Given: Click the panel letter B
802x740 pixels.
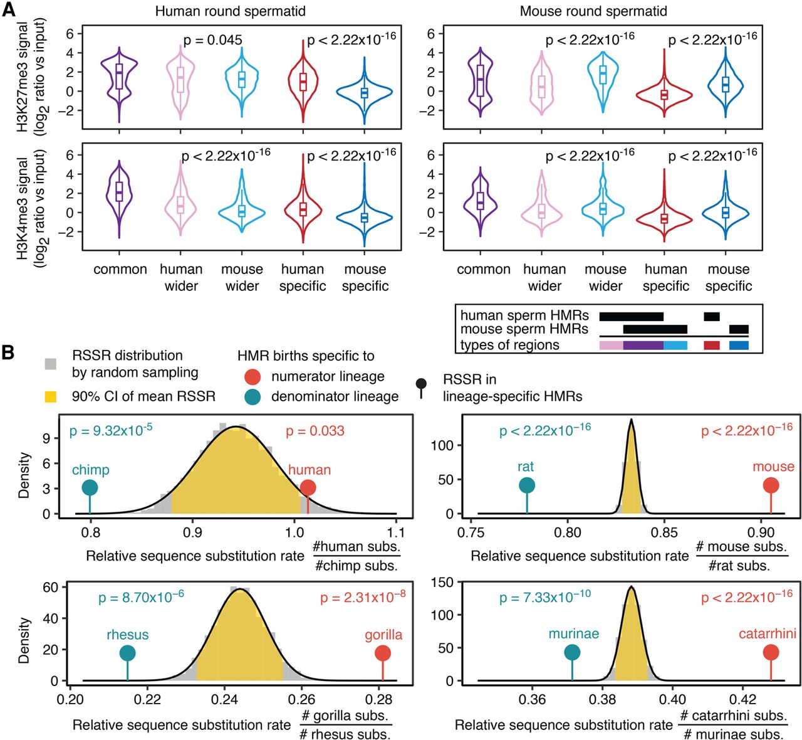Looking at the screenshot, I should point(8,352).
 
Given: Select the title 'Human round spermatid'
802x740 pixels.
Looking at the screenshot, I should point(230,11).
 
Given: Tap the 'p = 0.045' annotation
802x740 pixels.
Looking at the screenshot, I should point(212,40).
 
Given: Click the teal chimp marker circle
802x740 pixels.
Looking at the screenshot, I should point(90,488).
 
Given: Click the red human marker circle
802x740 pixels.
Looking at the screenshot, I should point(308,488).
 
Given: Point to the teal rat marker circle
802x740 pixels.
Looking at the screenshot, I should point(527,485).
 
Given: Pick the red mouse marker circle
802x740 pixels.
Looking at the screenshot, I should point(771,485).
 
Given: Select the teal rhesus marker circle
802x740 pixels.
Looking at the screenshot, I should point(128,653).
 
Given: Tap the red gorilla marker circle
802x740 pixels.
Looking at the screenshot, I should point(383,653).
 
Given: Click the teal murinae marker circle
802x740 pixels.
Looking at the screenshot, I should point(572,653).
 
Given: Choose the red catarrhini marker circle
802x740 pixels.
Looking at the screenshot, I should point(771,653).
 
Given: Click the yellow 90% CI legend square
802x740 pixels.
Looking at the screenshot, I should point(51,397).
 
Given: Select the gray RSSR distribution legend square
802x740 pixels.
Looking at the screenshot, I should point(51,364).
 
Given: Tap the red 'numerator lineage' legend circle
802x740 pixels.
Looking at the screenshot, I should point(253,377).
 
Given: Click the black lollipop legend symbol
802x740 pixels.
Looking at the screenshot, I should point(422,387).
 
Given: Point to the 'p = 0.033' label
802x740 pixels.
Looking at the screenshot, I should point(315,431).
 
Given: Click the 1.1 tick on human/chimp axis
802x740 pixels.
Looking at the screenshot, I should point(396,532).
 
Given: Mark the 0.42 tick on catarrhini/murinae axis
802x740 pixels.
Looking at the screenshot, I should point(743,699).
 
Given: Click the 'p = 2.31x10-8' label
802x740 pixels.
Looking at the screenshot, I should point(363,597).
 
